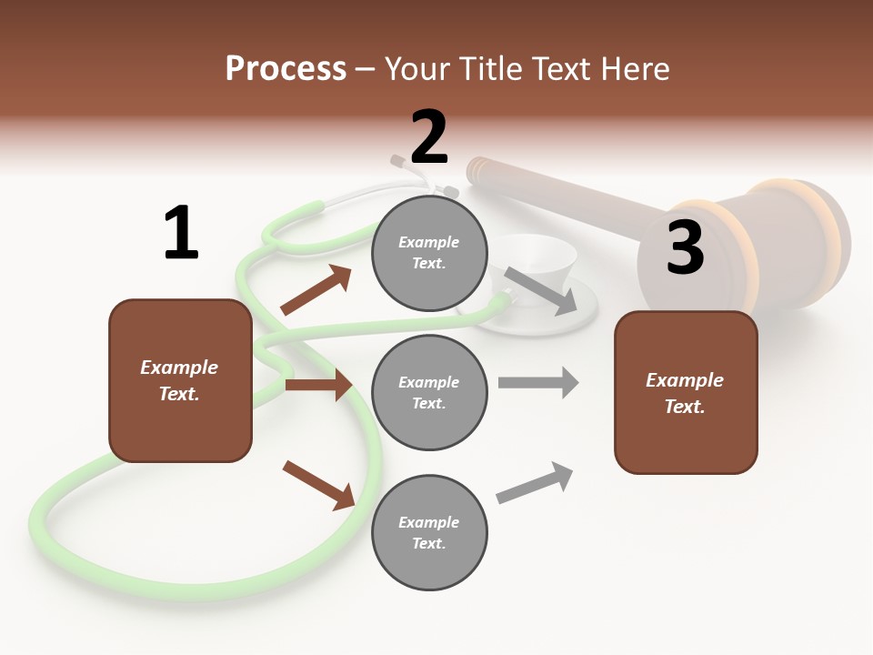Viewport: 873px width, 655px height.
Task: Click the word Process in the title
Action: pyautogui.click(x=286, y=68)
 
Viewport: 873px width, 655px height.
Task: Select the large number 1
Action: pyautogui.click(x=182, y=232)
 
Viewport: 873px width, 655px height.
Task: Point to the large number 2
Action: pyautogui.click(x=429, y=136)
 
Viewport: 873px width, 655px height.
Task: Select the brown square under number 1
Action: pyautogui.click(x=180, y=380)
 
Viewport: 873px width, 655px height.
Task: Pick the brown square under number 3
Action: pyautogui.click(x=686, y=393)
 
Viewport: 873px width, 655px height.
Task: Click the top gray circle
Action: pyautogui.click(x=429, y=253)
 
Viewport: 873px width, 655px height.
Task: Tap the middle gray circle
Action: pyautogui.click(x=429, y=393)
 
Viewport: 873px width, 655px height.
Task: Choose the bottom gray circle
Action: pyautogui.click(x=429, y=532)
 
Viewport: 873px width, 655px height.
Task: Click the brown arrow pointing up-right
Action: pyautogui.click(x=316, y=289)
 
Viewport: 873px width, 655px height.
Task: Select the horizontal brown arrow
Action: pyautogui.click(x=318, y=384)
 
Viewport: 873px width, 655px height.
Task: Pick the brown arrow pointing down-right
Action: pyautogui.click(x=319, y=486)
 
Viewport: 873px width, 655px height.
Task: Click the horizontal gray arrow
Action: pyautogui.click(x=538, y=382)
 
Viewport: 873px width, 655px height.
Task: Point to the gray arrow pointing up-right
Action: pyautogui.click(x=535, y=482)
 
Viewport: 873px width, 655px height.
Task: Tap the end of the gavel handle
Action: pyautogui.click(x=477, y=171)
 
